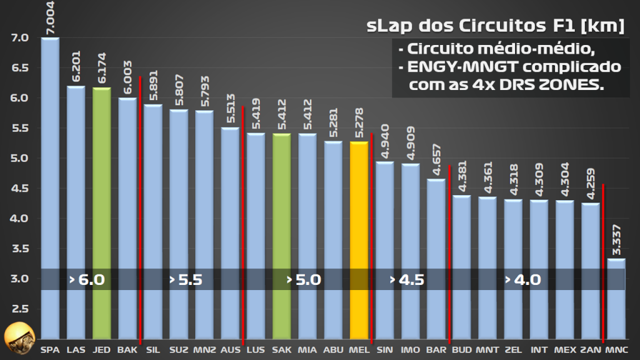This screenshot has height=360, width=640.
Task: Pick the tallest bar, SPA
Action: pyautogui.click(x=50, y=187)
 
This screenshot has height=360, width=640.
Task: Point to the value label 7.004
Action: pyautogui.click(x=50, y=17)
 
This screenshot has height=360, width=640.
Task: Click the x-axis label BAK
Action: pyautogui.click(x=127, y=349)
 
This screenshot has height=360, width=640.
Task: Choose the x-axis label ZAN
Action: pyautogui.click(x=590, y=349)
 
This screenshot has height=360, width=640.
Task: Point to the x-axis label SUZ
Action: pyautogui.click(x=179, y=349)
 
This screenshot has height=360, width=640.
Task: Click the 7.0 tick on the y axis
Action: pyautogui.click(x=19, y=37)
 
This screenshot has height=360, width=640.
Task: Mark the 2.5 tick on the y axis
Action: pyautogui.click(x=19, y=309)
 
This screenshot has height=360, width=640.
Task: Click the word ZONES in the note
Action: pyautogui.click(x=577, y=85)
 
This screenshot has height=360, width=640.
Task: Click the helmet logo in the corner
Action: pyautogui.click(x=17, y=338)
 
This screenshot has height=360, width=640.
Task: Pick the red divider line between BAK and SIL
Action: pyautogui.click(x=140, y=206)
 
